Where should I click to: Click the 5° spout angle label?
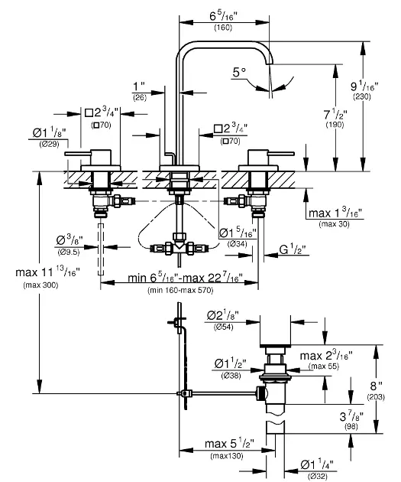point(241,73)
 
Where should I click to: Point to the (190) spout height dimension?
point(335,124)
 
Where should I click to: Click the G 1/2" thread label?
point(292,249)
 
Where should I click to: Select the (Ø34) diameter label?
point(238,243)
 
